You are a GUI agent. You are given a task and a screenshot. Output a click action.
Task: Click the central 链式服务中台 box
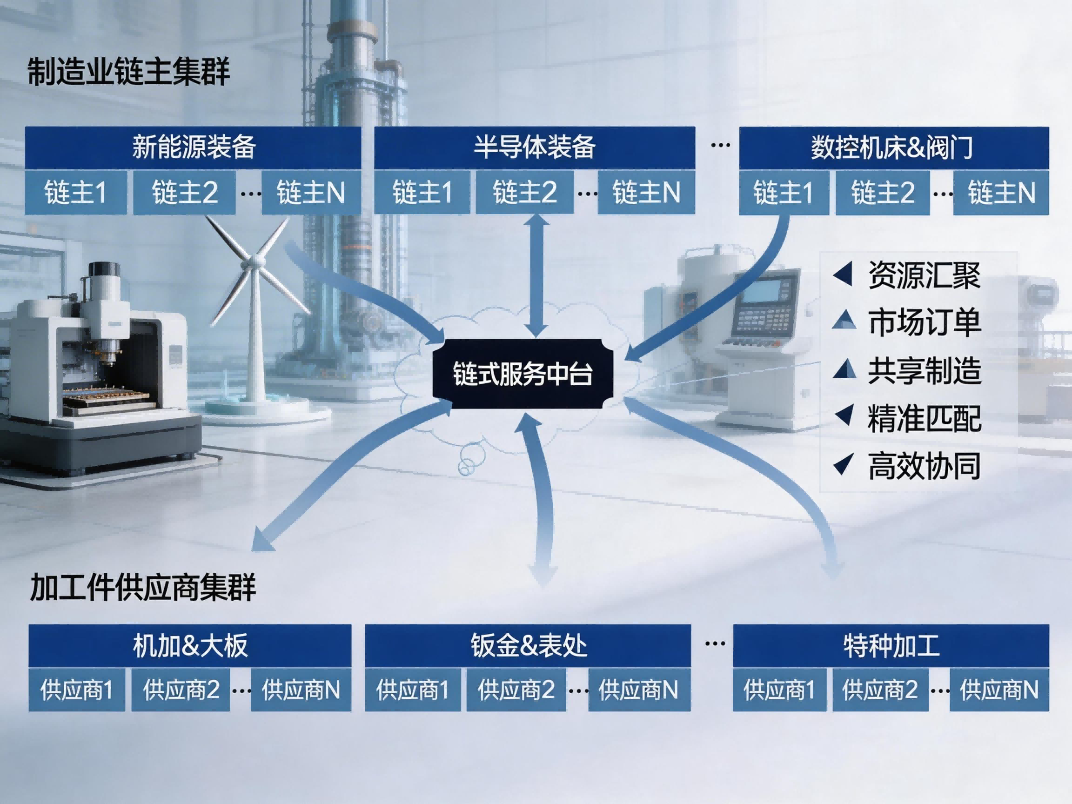tap(523, 374)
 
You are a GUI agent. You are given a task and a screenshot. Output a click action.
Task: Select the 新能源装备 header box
tap(193, 147)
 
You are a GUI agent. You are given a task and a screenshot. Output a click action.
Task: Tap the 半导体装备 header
tap(534, 147)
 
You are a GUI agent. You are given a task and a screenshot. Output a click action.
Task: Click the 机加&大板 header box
tap(189, 645)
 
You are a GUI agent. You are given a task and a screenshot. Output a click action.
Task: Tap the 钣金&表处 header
tap(527, 645)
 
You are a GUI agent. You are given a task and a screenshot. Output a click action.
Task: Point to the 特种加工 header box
tap(891, 645)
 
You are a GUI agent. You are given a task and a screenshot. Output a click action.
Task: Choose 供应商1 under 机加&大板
tap(77, 690)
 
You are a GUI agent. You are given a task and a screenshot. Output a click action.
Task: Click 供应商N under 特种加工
tap(999, 690)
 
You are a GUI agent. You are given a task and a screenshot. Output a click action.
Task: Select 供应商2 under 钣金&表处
tap(516, 690)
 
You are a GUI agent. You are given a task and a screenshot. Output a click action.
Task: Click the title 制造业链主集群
tap(128, 72)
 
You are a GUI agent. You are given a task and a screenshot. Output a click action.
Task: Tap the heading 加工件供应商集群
tap(143, 587)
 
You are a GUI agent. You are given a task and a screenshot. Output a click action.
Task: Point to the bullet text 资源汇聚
tap(924, 275)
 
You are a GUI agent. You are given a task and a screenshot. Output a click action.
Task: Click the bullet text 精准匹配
tap(924, 418)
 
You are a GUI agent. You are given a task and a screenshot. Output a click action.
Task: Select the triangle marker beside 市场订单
tap(844, 320)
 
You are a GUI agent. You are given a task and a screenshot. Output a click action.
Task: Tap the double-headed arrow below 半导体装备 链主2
tap(536, 276)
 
